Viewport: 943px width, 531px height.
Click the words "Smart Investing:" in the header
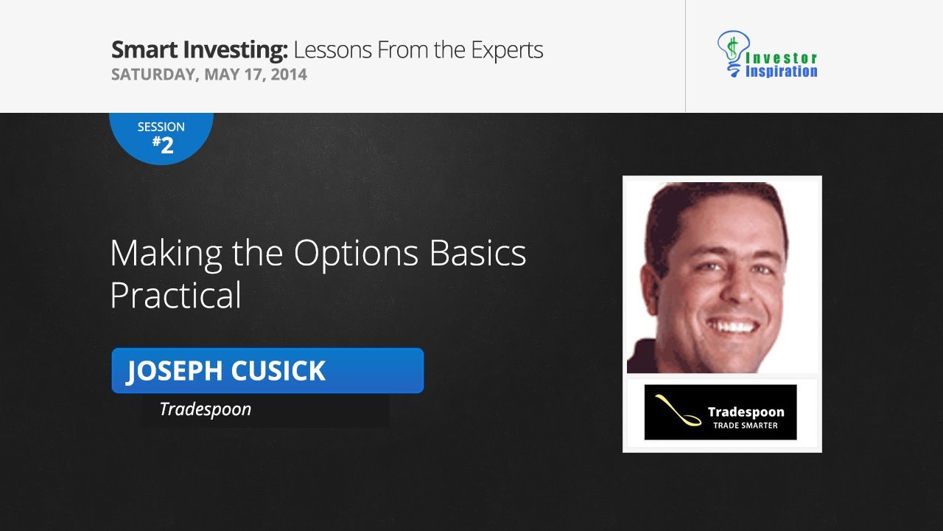click(x=199, y=50)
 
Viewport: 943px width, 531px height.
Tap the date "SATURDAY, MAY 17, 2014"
click(x=208, y=74)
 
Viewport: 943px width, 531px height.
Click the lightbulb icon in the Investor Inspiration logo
click(x=730, y=52)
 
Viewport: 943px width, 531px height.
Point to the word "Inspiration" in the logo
click(x=782, y=72)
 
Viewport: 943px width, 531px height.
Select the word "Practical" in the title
click(x=175, y=295)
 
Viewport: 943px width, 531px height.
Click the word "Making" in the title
click(x=166, y=254)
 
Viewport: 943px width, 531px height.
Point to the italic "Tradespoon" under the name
click(x=205, y=409)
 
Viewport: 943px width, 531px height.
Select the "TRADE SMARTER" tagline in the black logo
click(x=745, y=426)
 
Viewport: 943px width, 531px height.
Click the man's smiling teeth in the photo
click(x=734, y=324)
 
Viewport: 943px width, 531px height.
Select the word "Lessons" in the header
click(x=332, y=50)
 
